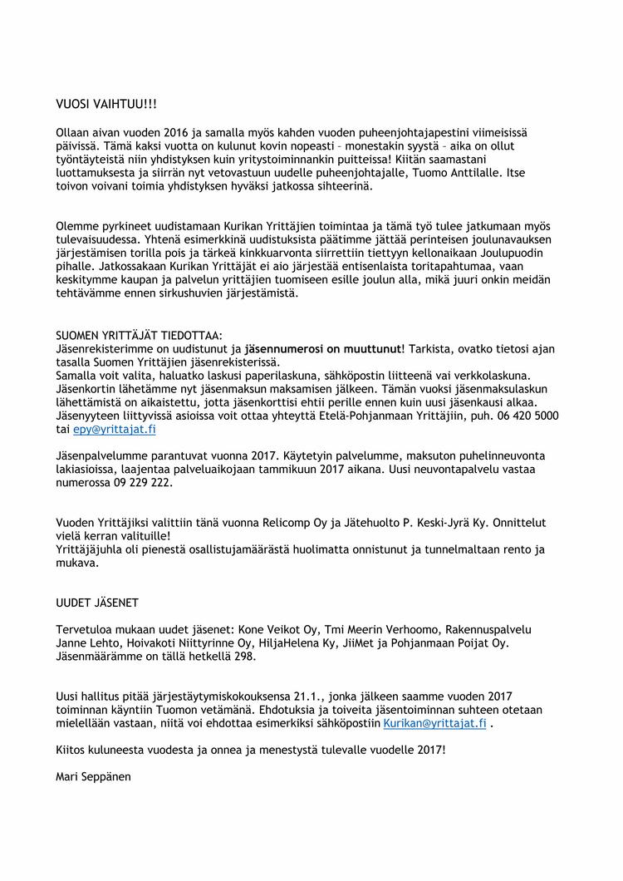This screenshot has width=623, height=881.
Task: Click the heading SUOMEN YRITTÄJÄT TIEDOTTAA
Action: tap(139, 335)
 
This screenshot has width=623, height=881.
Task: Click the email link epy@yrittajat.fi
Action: tap(114, 429)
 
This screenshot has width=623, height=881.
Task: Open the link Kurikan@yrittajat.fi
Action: tap(434, 724)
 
